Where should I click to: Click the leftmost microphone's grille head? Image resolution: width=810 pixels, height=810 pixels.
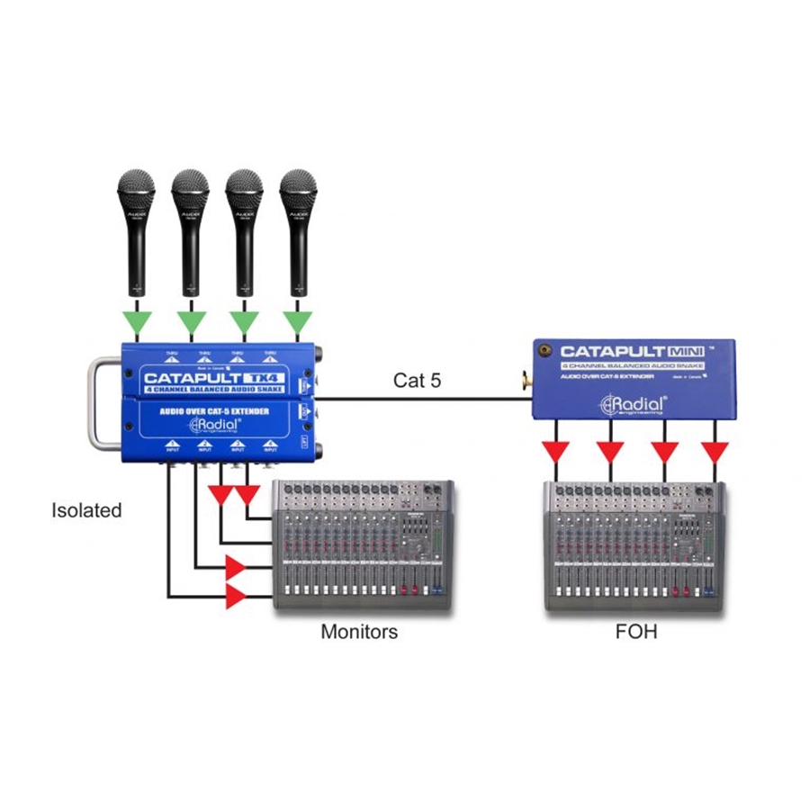(136, 190)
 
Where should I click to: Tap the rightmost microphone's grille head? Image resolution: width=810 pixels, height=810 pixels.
(298, 190)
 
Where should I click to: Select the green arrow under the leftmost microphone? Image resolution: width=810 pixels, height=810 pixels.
(136, 320)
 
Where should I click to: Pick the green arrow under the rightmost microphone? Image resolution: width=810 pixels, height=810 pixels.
(298, 320)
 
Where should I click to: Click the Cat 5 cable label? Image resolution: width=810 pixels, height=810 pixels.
(417, 381)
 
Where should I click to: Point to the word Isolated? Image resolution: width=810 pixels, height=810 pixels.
(85, 510)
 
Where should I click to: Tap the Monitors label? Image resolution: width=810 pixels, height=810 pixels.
(359, 632)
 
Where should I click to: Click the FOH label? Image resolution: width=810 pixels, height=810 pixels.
(635, 632)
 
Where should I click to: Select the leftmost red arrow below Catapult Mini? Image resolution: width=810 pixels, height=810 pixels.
(560, 450)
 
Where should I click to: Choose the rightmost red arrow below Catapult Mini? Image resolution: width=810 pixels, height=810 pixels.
(716, 450)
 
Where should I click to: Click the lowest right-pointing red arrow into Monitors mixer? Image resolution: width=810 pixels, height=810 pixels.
(237, 595)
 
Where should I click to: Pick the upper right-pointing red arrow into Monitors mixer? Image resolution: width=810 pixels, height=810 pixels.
(237, 567)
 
